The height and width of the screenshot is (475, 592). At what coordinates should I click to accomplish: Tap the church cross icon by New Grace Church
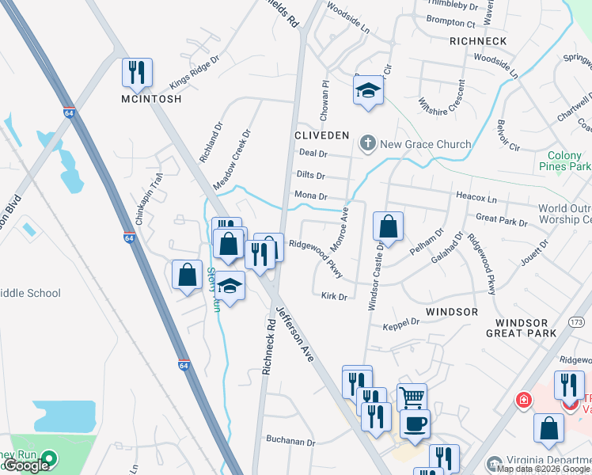coord(366,144)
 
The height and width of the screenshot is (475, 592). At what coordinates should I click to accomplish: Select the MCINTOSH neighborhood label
coord(151,99)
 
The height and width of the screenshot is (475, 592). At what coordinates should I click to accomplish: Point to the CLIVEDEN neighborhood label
coord(321,135)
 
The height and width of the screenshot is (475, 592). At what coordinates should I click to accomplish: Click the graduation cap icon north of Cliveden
coord(368,90)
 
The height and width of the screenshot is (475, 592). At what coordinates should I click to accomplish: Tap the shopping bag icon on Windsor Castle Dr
coord(388,227)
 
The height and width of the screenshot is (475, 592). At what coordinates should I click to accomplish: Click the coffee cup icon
coord(416,424)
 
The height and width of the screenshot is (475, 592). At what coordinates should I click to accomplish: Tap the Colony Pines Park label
coord(564,161)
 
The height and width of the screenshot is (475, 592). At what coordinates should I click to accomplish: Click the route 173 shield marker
coord(575,322)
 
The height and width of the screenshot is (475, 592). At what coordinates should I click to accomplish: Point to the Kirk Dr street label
coord(335,297)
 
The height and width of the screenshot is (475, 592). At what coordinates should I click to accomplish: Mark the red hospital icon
coord(522,401)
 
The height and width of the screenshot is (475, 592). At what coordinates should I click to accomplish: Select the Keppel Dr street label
coord(400,323)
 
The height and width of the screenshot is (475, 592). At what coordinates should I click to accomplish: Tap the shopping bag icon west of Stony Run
coord(188,275)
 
